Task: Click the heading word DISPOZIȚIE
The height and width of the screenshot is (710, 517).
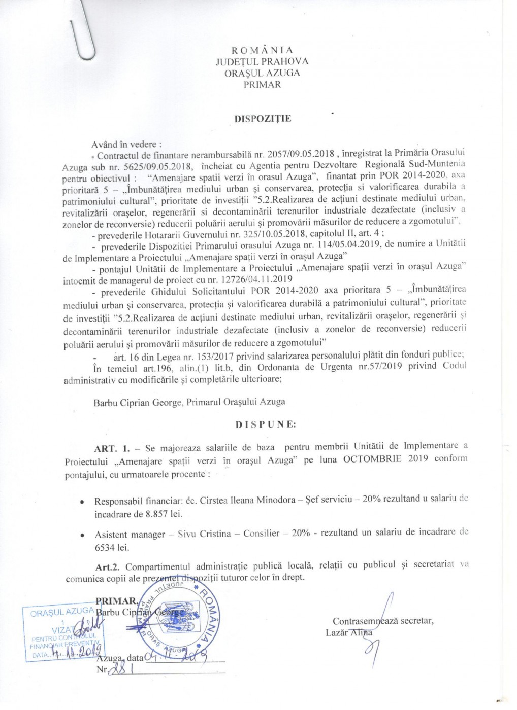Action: point(262,119)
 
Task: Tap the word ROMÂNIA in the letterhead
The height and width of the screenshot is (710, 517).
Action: point(262,50)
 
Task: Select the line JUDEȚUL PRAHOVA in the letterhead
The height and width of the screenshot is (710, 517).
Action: point(262,61)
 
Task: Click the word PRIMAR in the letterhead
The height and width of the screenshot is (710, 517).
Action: point(262,84)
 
